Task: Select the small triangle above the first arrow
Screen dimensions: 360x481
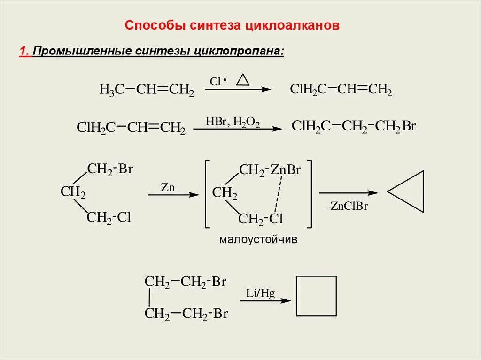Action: [242, 80]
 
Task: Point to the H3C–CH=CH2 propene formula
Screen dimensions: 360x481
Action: [147, 90]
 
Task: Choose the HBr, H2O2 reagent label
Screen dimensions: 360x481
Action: [233, 121]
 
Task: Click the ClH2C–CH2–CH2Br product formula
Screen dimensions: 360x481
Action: [354, 126]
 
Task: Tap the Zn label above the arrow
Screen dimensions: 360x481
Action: [168, 187]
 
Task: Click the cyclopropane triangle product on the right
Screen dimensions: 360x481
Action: [408, 192]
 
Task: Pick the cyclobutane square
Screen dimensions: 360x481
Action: [316, 296]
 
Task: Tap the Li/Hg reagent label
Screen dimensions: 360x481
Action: [260, 293]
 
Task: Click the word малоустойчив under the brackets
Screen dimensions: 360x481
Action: [258, 240]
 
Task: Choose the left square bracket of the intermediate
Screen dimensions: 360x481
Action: [207, 193]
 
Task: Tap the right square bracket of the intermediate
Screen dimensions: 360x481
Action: [309, 193]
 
